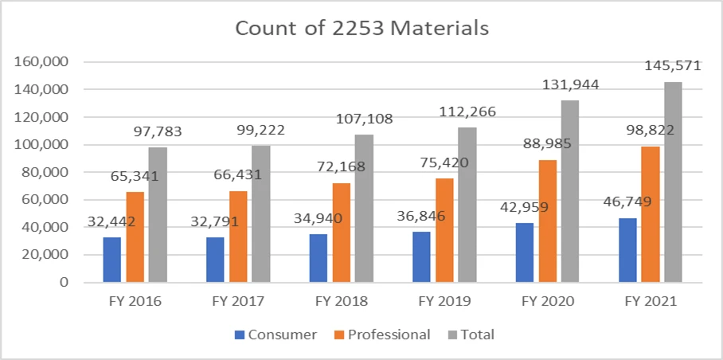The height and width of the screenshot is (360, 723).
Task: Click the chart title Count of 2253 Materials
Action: coord(361,29)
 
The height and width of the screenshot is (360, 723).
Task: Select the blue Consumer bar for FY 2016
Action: coord(111,260)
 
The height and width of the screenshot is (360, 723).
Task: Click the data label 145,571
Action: coord(673,66)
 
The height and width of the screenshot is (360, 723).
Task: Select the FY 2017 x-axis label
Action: coord(237,303)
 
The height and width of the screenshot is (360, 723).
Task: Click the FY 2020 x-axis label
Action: coord(548,303)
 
